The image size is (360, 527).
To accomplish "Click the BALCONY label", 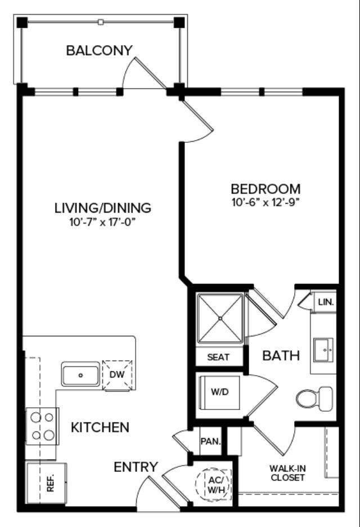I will (x=99, y=51).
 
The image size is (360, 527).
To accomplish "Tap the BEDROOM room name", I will (x=265, y=189).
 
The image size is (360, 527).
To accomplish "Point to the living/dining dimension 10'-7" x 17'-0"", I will (x=102, y=221).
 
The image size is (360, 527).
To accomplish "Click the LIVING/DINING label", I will (x=102, y=208).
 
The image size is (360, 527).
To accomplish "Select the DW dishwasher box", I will (x=118, y=373).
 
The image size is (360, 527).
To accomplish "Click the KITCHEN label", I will (x=100, y=427).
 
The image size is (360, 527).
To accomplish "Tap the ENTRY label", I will (x=136, y=467).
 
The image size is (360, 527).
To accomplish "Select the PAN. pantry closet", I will (x=210, y=442).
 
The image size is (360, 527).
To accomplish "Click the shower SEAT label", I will (x=218, y=357).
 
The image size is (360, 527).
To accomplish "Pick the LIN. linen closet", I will (x=326, y=302).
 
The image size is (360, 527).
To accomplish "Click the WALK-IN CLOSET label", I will (x=287, y=473).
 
